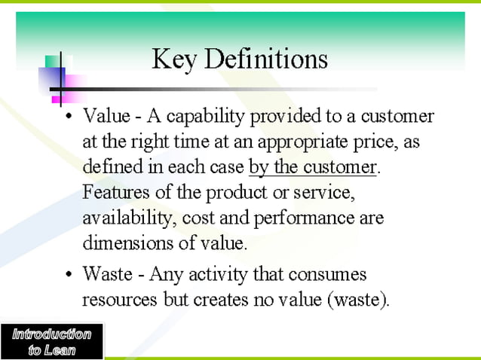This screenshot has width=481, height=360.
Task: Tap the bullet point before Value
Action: click(x=69, y=119)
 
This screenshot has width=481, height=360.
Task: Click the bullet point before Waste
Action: click(x=69, y=275)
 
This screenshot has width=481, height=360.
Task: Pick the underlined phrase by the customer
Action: click(x=311, y=167)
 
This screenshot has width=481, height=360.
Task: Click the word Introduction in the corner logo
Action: click(x=51, y=334)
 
